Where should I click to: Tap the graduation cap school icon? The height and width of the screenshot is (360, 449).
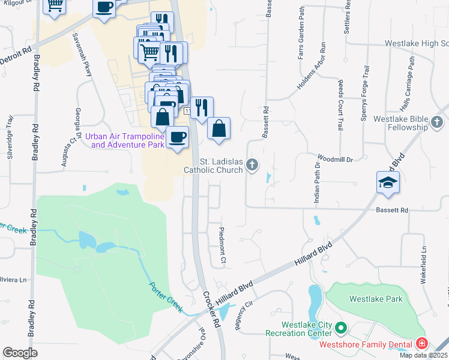387,182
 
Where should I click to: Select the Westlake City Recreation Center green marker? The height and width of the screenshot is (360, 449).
341,328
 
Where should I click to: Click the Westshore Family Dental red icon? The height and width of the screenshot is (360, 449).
422,344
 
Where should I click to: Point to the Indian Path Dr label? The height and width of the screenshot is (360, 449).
316,182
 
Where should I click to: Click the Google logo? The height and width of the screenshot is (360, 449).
20,352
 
